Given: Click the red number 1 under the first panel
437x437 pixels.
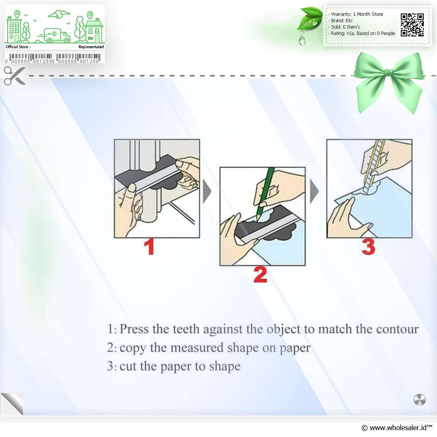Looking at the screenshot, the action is coord(149,246).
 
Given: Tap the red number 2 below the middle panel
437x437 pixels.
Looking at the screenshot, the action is coord(260,274).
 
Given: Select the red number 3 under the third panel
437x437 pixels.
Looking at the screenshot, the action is coord(368,247).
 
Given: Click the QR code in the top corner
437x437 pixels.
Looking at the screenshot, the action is coord(412,25).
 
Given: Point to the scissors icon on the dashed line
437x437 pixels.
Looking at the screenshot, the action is coord(15,76).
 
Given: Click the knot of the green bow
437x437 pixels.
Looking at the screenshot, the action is coord(388,73).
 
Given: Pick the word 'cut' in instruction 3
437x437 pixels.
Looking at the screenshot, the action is coord(128,366).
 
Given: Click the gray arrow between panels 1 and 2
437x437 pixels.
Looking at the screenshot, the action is coord(207,191).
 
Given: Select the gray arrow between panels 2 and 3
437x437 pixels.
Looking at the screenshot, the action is coord(314,191).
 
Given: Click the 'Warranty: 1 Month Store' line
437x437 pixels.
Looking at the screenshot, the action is coord(357,14).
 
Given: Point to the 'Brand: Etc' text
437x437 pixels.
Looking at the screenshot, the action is coord(342,20).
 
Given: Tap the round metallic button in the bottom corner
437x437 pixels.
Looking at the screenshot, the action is coord(420,399).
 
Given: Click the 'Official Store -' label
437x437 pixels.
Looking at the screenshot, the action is coord(18,47).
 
